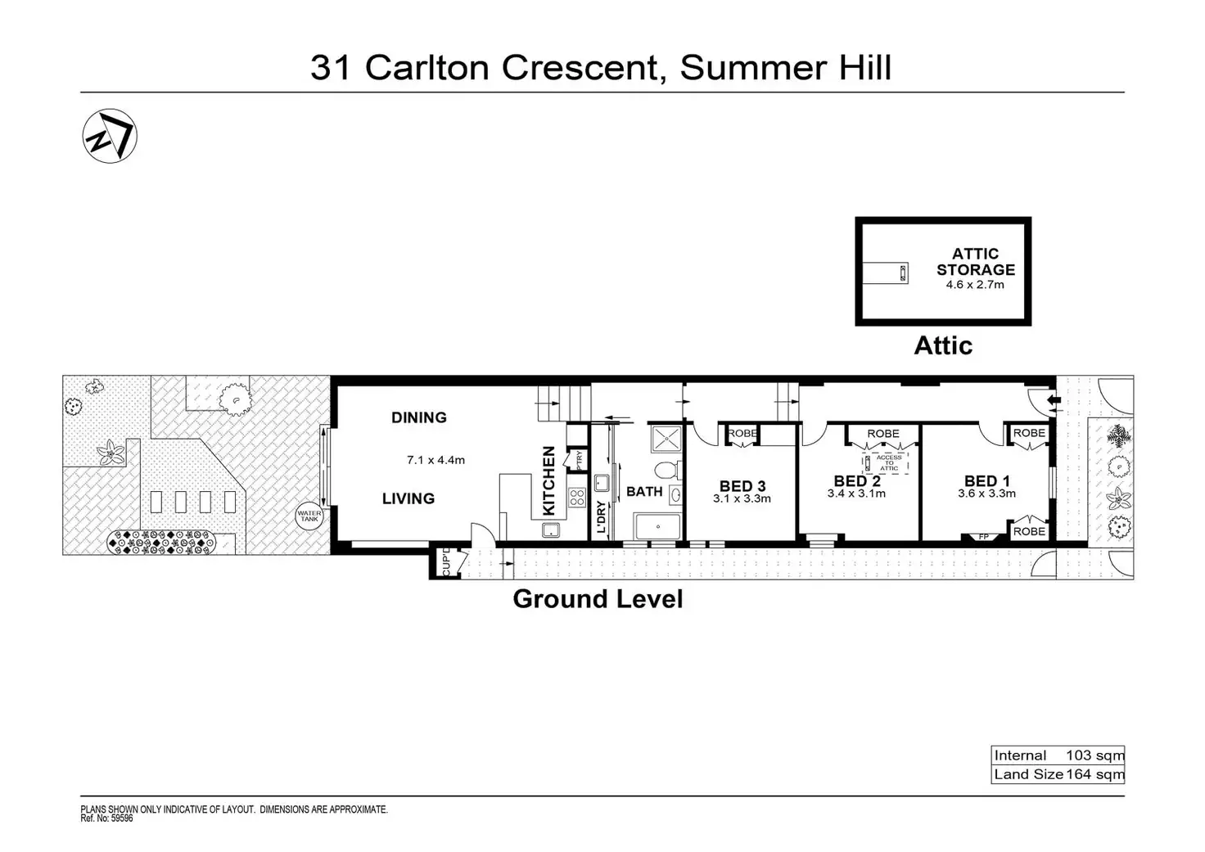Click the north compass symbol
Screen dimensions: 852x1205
pos(110,136)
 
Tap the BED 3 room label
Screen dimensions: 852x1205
pos(742,486)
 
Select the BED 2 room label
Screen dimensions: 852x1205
pos(856,481)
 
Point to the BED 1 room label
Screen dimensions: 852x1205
pos(986,481)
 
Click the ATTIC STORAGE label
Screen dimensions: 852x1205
pos(975,261)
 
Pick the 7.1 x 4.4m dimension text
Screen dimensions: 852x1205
pos(436,460)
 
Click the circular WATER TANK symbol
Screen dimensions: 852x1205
pos(309,516)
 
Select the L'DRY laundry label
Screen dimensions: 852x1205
pos(601,517)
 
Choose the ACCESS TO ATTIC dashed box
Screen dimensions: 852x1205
pos(889,463)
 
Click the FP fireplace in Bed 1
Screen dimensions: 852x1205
pos(983,537)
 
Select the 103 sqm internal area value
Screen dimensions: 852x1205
pos(1094,755)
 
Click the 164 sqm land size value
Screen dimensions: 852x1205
pos(1094,774)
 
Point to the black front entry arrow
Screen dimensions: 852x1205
pos(1054,400)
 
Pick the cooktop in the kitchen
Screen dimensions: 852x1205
pos(576,497)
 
